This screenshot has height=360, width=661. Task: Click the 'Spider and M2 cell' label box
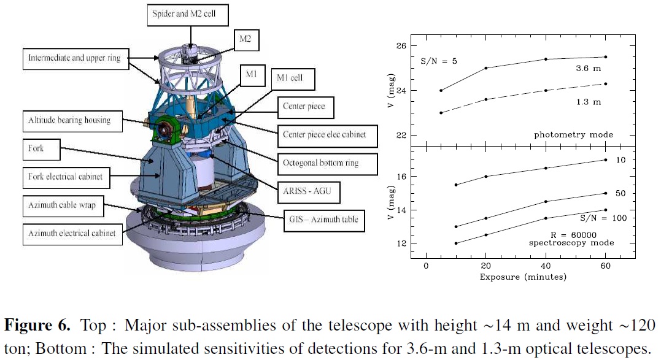coord(188,15)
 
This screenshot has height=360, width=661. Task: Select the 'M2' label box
coord(245,40)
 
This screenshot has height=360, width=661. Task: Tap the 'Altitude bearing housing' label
coord(72,121)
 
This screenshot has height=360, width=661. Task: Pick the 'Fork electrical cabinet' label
coord(66,178)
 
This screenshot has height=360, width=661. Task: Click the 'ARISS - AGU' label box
coord(309,192)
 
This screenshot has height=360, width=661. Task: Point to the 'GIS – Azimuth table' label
coord(324,220)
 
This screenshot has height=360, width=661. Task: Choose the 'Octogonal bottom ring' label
coord(327,164)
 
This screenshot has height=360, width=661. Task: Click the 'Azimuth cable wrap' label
coord(63,206)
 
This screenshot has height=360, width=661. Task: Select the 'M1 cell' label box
coord(293,79)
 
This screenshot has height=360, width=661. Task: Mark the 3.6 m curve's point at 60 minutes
coord(606,57)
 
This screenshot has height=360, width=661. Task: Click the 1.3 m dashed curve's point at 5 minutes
coord(441,113)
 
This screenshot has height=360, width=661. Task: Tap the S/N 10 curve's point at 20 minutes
coord(486,177)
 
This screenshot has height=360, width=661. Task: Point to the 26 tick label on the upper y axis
coord(401,46)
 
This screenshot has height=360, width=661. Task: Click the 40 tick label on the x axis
coord(546,266)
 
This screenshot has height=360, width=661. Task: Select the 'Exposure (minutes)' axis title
coord(523,277)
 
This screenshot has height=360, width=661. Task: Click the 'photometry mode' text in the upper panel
coord(573,135)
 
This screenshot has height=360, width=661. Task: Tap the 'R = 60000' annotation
coord(573,235)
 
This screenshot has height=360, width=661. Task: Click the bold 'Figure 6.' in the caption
coord(37,325)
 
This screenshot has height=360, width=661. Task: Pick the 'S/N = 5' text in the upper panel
coord(438,61)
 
